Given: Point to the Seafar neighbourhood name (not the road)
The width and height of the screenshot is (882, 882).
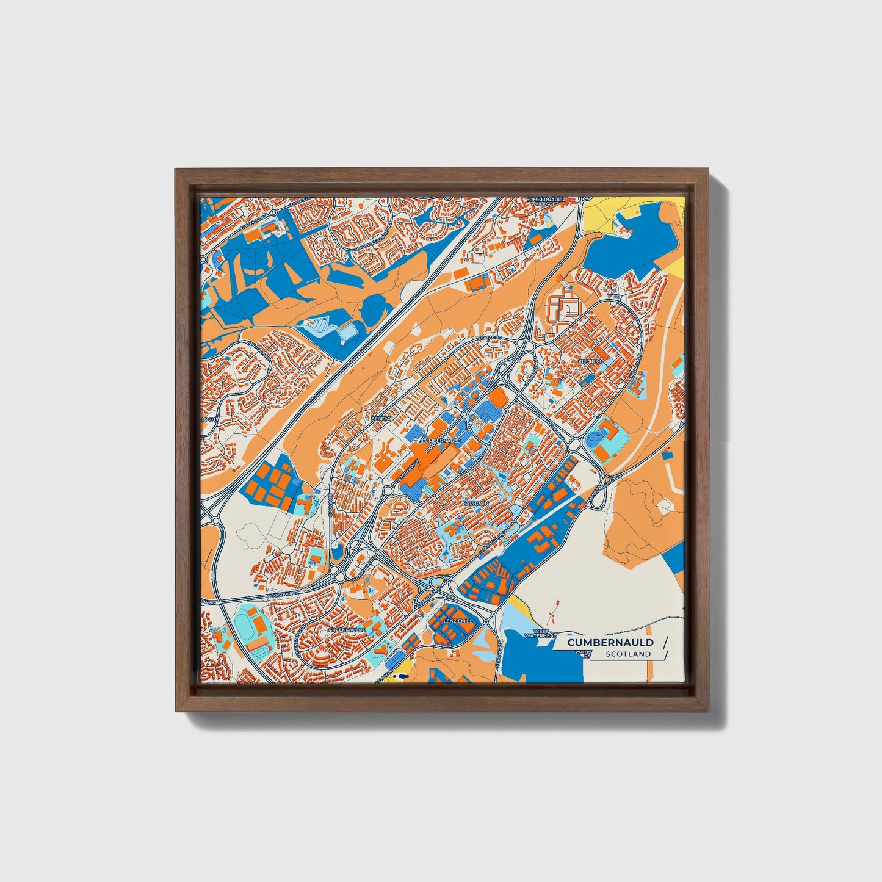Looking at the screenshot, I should (x=380, y=418).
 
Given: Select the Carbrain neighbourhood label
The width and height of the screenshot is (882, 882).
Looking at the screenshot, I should (x=475, y=504).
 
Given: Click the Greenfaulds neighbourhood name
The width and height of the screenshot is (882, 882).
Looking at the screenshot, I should (x=347, y=629).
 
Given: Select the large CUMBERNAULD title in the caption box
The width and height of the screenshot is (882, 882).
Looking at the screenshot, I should (x=610, y=642).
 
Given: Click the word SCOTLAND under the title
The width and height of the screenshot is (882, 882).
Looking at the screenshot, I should (x=628, y=654).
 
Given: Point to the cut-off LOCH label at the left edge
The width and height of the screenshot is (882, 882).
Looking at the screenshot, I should (x=208, y=419).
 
